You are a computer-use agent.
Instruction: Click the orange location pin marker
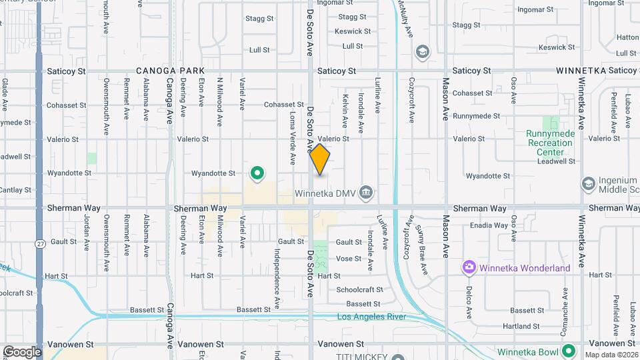coord(320,159)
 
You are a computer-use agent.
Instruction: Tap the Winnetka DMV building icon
coord(365,193)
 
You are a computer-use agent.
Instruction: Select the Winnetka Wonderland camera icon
coord(469,268)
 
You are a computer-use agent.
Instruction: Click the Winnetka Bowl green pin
coord(568,351)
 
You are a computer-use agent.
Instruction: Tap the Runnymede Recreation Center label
coord(550,142)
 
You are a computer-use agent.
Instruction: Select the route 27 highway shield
coord(40,245)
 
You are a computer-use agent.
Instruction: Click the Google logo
coord(22,352)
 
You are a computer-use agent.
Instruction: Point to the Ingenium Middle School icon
coord(588,183)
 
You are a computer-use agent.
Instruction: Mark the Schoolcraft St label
coord(359,289)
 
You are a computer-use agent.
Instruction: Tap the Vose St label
coord(349,259)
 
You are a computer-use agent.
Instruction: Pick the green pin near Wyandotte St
coord(257,173)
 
